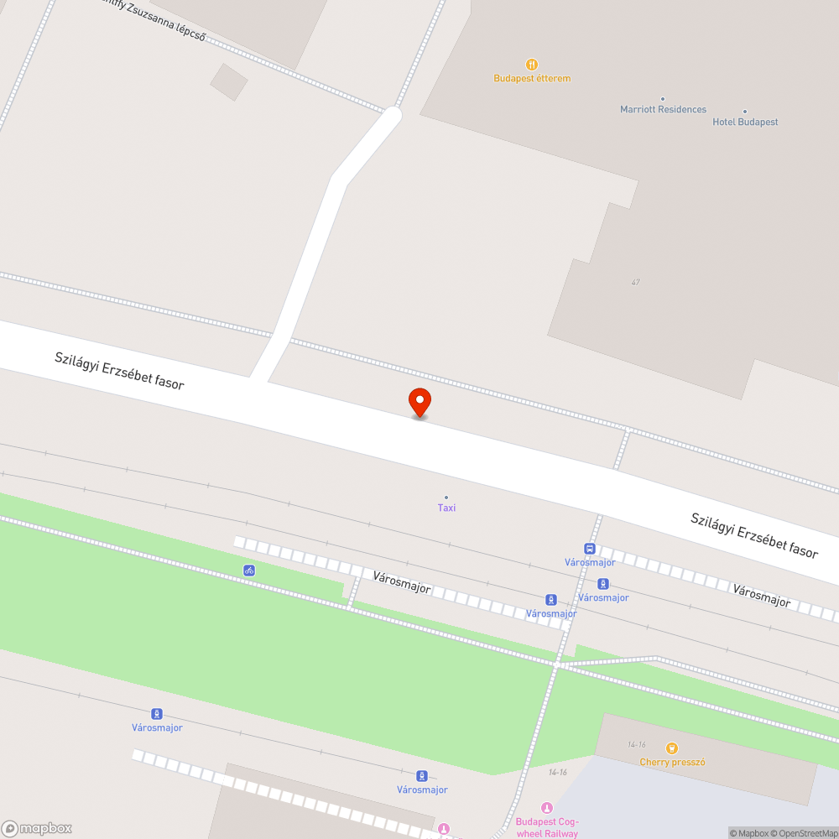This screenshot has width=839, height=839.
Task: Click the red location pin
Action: tap(419, 402)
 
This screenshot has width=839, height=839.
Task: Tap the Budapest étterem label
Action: tap(532, 79)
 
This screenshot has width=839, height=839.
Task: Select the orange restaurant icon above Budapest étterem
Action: tap(532, 64)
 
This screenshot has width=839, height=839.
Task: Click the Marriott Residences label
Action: tap(663, 109)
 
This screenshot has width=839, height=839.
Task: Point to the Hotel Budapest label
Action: tap(745, 122)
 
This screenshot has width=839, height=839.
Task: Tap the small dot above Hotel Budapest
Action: tap(744, 111)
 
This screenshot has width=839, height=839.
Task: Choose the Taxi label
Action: tap(446, 508)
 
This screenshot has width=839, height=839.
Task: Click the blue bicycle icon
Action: tap(249, 571)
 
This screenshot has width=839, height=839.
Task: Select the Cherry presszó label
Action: tap(672, 762)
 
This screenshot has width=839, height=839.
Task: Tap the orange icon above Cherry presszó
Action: tap(671, 748)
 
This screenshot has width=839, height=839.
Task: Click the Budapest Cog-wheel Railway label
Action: tap(547, 827)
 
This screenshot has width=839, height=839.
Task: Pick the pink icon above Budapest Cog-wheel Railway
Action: tap(547, 808)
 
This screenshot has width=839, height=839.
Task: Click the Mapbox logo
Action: tap(37, 828)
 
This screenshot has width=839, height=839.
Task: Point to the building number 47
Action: tap(636, 283)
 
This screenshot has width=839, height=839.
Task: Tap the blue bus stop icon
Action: tap(590, 549)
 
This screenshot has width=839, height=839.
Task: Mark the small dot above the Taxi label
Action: tap(446, 498)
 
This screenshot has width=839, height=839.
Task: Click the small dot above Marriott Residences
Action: tap(663, 99)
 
